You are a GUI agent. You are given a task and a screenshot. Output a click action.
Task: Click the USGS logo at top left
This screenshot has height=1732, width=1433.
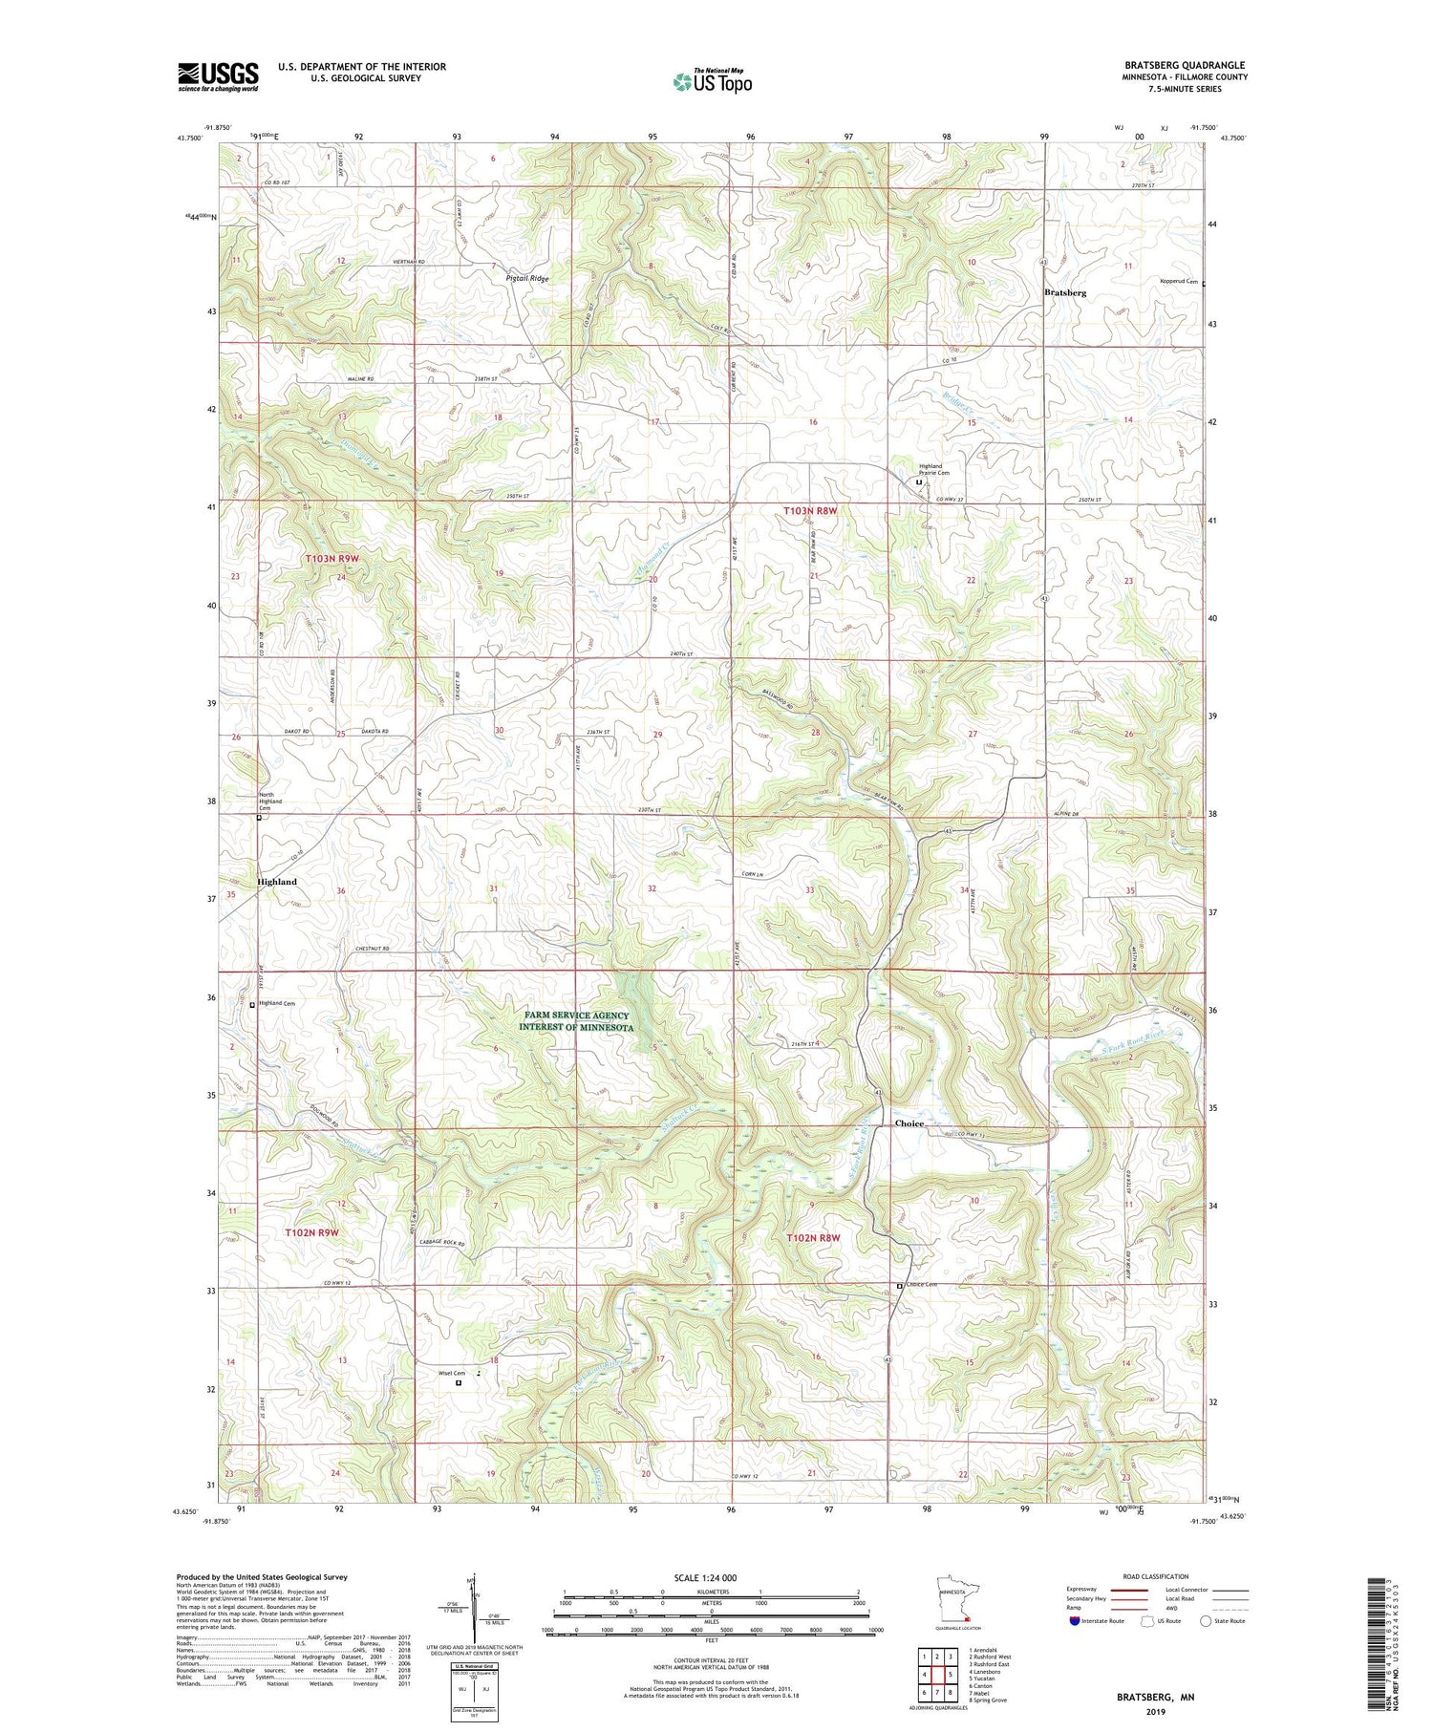pyautogui.click(x=218, y=76)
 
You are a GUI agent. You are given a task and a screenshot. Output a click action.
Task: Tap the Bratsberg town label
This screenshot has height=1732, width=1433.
pyautogui.click(x=1064, y=292)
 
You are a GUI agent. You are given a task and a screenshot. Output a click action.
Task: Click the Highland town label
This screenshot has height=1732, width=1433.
pyautogui.click(x=276, y=882)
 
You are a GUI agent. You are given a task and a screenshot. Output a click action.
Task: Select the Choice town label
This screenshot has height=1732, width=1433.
pyautogui.click(x=909, y=1123)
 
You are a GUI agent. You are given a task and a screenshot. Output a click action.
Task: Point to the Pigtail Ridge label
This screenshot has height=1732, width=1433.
pyautogui.click(x=527, y=278)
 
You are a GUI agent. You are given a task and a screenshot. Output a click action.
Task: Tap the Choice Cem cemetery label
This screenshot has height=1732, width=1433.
pyautogui.click(x=920, y=1285)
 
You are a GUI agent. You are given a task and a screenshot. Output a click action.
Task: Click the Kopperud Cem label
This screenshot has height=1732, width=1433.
pyautogui.click(x=1178, y=280)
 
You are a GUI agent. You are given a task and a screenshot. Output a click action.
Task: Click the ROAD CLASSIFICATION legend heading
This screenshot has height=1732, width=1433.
pyautogui.click(x=1156, y=1576)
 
